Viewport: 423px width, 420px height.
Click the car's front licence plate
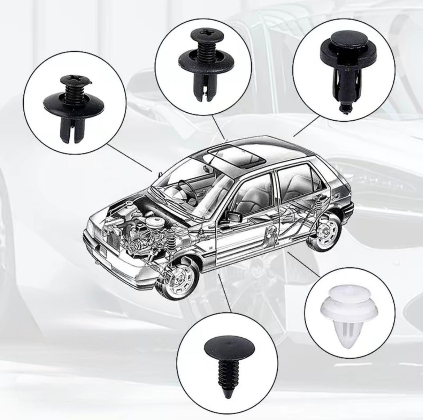[x=105, y=250]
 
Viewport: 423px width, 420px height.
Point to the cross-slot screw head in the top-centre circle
[x=202, y=35]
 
